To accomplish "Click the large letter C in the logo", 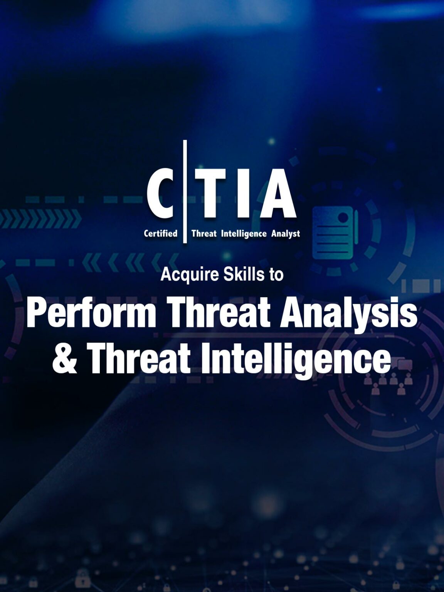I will [x=160, y=193].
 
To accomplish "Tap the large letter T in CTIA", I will [x=209, y=193].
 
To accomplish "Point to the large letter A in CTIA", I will [x=277, y=193].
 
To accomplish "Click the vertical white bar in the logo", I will [x=185, y=192].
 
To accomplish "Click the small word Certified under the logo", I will [x=160, y=234].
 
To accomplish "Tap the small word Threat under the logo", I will [x=204, y=234].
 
